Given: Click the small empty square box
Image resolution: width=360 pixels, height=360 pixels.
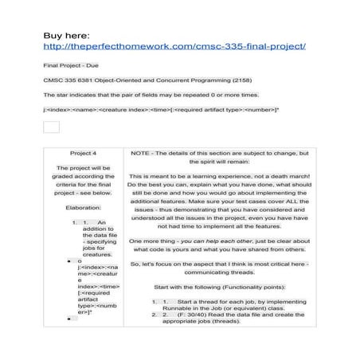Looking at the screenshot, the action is point(51,127).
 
